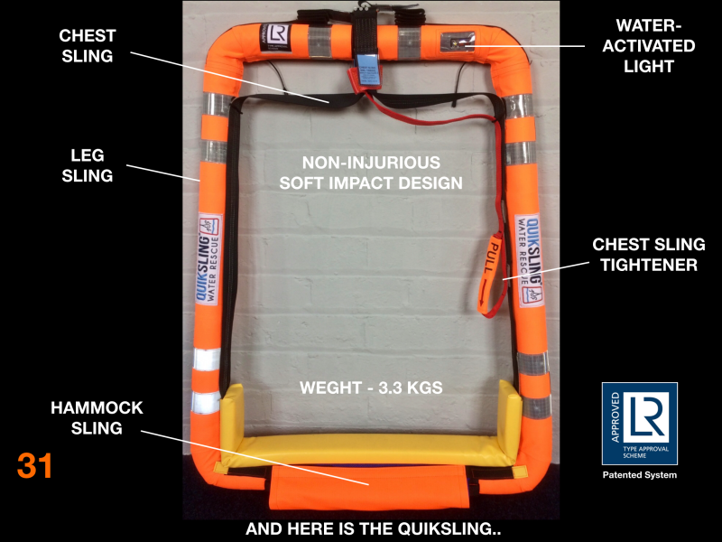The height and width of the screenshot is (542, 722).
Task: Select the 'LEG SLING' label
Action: coord(88,165)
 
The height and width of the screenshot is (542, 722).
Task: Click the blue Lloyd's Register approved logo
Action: coord(639,423)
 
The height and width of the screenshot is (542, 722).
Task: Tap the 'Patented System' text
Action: coord(639,475)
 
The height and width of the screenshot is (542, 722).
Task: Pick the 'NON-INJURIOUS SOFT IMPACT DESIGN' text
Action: coord(371,173)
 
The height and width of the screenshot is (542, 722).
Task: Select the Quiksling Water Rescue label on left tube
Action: coord(208,262)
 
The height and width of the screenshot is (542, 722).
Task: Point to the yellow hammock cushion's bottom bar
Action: coord(371,449)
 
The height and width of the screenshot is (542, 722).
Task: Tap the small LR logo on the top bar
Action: coord(277,36)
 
